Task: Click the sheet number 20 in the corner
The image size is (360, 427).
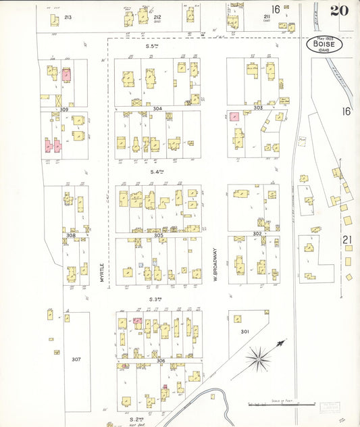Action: coord(339,10)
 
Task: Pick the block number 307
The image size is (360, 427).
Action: coord(76,359)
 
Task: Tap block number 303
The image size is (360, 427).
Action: coord(257,108)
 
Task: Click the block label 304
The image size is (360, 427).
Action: coord(157,108)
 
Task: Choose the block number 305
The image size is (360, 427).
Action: coord(158,236)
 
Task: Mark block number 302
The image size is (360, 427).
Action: coord(257,234)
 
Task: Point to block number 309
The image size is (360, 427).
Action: coord(64,109)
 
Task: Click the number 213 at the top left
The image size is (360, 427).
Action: coord(68,16)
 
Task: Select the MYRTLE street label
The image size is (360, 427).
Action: coord(103,276)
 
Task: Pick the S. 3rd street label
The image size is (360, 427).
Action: coord(157,299)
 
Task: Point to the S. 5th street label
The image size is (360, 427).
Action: coord(155,46)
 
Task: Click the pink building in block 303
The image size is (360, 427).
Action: coord(234,116)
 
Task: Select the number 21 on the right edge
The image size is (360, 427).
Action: coord(346,240)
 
